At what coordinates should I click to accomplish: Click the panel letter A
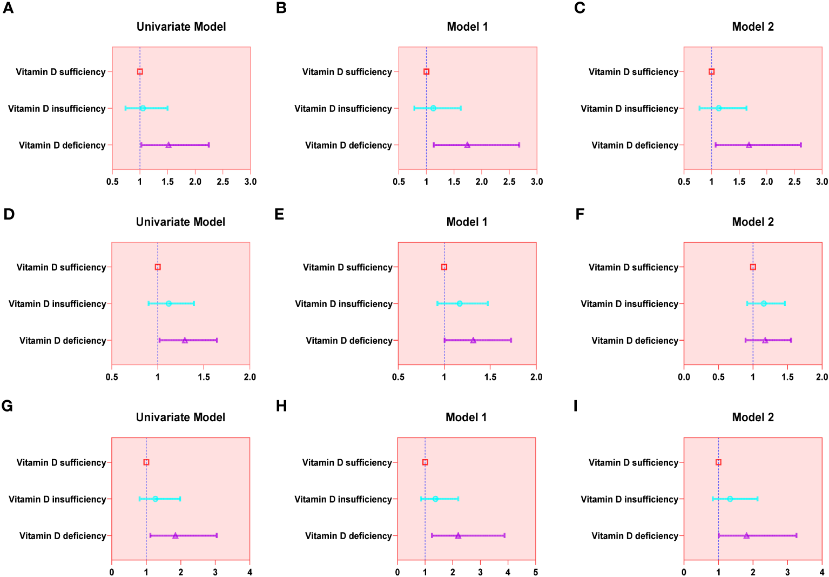pos(8,8)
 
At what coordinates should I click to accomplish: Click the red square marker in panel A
pos(140,72)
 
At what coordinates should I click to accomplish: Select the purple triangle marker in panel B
pos(467,145)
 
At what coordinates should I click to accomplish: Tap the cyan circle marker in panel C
pos(718,108)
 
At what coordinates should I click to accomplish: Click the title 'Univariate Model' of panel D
pos(180,222)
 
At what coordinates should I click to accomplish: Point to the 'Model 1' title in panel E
pos(467,222)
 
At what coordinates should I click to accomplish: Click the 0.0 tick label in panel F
pos(684,377)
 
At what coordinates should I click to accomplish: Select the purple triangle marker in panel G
pos(175,535)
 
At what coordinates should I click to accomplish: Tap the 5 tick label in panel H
pos(535,572)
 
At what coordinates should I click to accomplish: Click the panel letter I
pos(576,406)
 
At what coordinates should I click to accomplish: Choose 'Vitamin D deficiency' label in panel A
pos(62,145)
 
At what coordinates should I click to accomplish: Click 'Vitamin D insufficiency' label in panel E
pos(343,304)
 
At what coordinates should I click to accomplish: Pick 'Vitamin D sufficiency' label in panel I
pos(633,462)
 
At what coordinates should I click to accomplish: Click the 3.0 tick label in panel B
pos(536,182)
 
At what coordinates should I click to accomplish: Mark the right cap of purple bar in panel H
pos(504,535)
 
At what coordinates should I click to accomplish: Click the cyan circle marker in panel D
pos(169,304)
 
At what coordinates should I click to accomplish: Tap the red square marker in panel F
pos(753,267)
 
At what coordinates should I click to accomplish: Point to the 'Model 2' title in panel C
pos(752,26)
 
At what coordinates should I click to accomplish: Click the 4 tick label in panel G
pos(250,572)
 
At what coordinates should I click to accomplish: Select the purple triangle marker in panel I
pos(746,535)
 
